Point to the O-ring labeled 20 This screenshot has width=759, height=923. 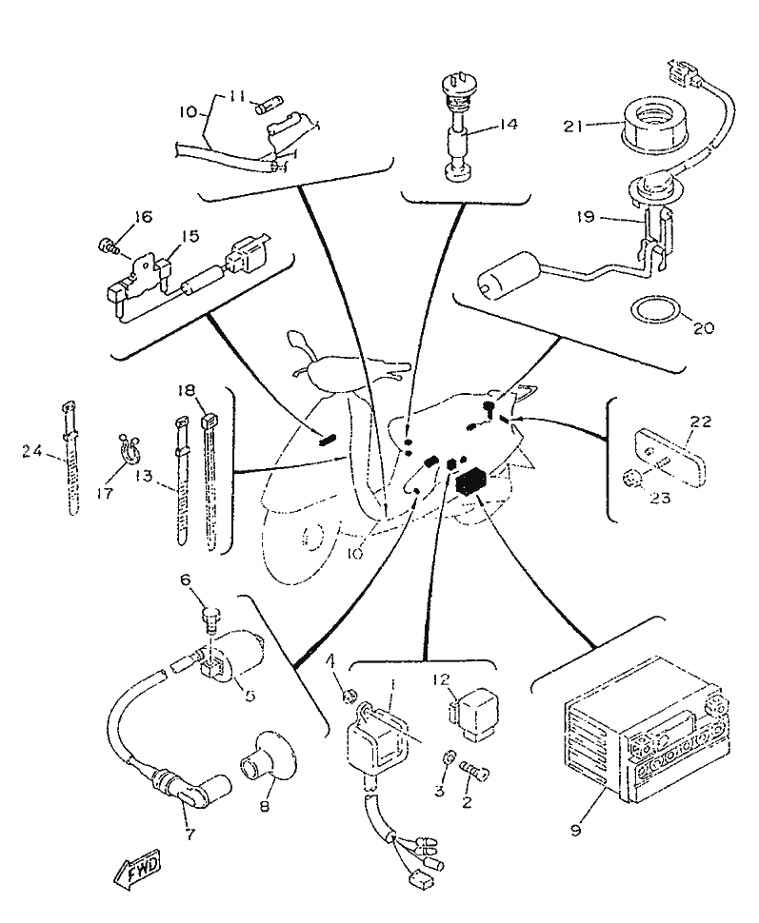pos(657,309)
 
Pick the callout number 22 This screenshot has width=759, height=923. pos(701,420)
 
